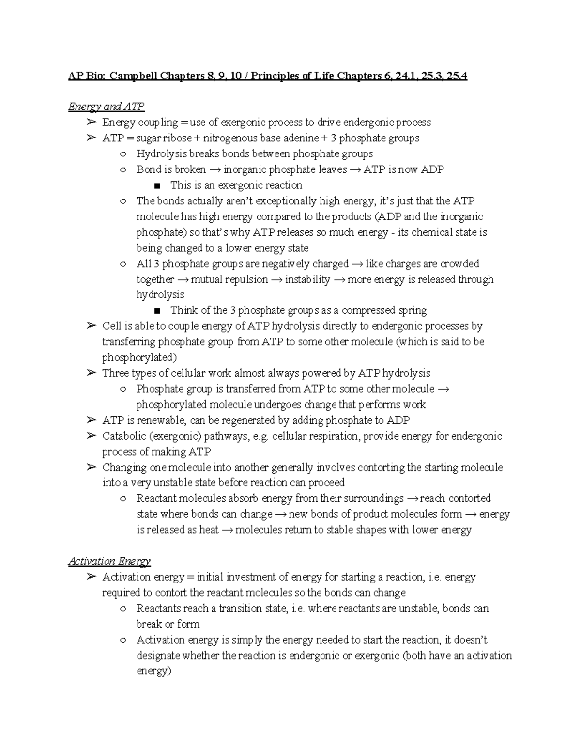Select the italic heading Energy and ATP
(x=106, y=107)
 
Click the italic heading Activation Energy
(x=109, y=561)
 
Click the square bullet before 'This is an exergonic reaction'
(x=156, y=185)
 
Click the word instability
(x=307, y=279)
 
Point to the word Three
(x=115, y=373)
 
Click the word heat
(x=209, y=530)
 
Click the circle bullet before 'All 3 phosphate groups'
(x=124, y=264)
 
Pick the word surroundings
(x=373, y=498)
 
